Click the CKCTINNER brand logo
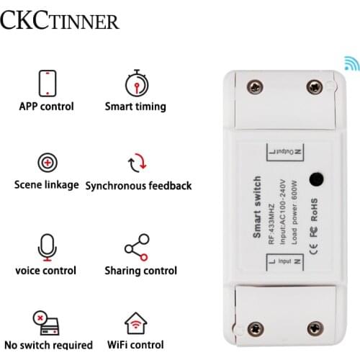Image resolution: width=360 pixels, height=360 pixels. pyautogui.click(x=60, y=21)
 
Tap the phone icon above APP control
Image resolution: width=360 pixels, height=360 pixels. pyautogui.click(x=46, y=83)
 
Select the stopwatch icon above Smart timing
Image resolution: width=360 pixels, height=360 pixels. pyautogui.click(x=135, y=83)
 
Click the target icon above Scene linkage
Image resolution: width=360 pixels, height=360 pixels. pyautogui.click(x=46, y=162)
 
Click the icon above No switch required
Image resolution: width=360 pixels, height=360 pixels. pyautogui.click(x=45, y=323)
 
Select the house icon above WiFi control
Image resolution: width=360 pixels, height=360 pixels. pyautogui.click(x=136, y=322)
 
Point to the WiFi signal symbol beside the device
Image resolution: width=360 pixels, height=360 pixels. pyautogui.click(x=350, y=63)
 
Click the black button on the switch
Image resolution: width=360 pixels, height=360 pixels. pyautogui.click(x=315, y=181)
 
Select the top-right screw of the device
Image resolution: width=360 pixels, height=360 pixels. pyautogui.click(x=315, y=86)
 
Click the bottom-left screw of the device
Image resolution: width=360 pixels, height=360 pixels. pyautogui.click(x=253, y=329)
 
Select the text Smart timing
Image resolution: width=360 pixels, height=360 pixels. pyautogui.click(x=135, y=107)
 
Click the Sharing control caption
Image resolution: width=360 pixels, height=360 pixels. pyautogui.click(x=140, y=271)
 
